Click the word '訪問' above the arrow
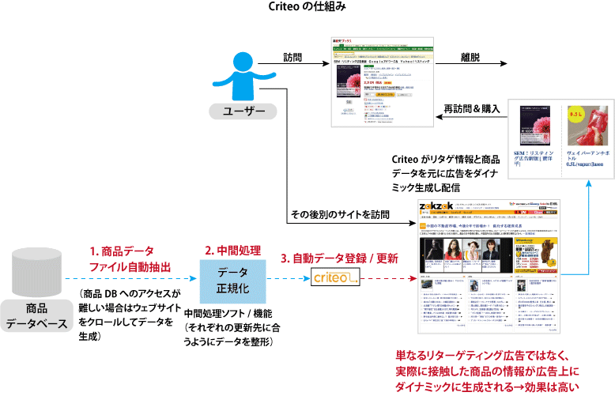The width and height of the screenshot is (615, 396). click(292, 58)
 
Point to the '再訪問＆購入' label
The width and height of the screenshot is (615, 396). click(471, 108)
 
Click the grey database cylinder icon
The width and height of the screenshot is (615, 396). click(39, 271)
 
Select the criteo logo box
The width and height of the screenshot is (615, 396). click(337, 278)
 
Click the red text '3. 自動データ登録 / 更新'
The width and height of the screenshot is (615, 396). click(339, 258)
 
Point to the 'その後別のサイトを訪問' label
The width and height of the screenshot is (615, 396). click(341, 214)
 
